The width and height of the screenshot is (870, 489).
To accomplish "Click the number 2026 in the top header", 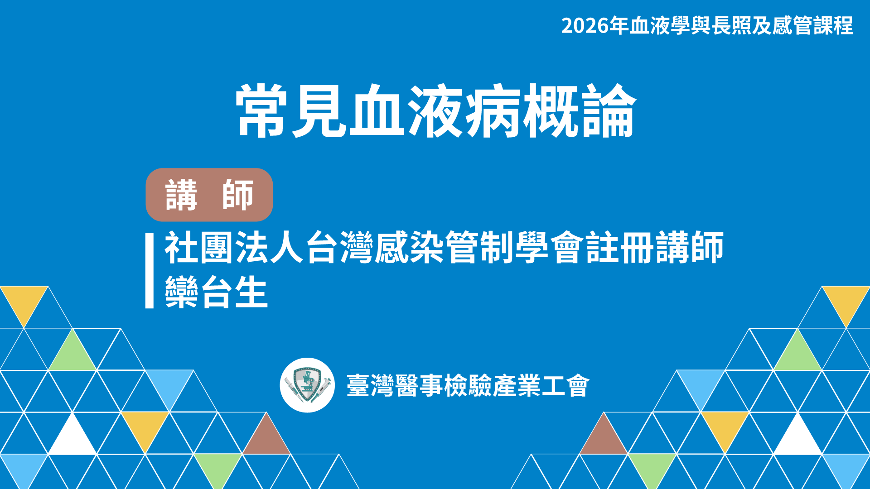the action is coord(585,26).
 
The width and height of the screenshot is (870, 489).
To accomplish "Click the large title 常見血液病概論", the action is coord(436,111).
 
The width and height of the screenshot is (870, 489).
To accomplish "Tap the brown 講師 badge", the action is coord(209,195).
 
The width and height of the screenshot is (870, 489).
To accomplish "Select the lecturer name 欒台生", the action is coord(216,292).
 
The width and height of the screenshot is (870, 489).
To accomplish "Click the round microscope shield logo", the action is coord(307,385).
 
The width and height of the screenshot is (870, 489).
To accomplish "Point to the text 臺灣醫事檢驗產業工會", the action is coord(468,386).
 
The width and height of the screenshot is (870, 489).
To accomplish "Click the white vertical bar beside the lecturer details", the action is coord(150,271).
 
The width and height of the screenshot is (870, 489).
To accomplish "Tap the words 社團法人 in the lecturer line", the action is coord(234,247).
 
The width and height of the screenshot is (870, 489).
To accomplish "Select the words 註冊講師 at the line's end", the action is coord(655,247).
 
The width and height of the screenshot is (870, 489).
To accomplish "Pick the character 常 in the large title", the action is coord(262,111).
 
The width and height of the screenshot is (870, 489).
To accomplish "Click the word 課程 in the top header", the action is coord(833,26).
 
